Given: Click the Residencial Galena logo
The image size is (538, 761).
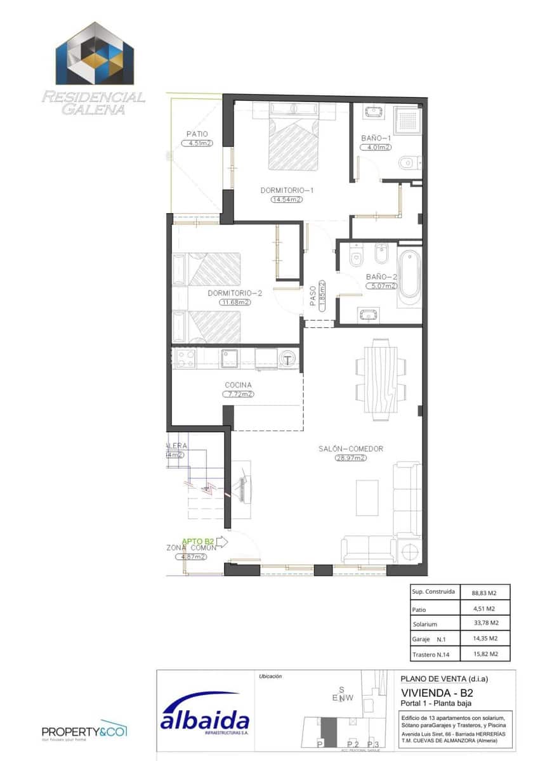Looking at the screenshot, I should tap(93, 68).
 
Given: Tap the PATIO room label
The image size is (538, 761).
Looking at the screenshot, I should tap(197, 134).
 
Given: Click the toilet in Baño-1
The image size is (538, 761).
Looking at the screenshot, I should tap(406, 164).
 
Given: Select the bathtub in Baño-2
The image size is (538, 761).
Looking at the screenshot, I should tap(409, 275).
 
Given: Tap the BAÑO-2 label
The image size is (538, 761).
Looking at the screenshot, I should tap(380, 277).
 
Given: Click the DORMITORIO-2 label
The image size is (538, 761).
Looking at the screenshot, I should tap(235, 294).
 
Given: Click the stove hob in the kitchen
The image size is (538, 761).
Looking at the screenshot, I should tap(185, 358).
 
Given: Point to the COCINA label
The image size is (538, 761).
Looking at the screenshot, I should tap(238, 385).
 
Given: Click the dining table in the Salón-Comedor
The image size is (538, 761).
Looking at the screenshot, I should tap(381, 379).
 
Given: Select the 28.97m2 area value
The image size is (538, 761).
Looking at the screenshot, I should tap(351, 458).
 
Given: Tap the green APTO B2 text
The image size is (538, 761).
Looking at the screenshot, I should tap(197, 541).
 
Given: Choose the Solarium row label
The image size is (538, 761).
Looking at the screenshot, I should tap(424, 624).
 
